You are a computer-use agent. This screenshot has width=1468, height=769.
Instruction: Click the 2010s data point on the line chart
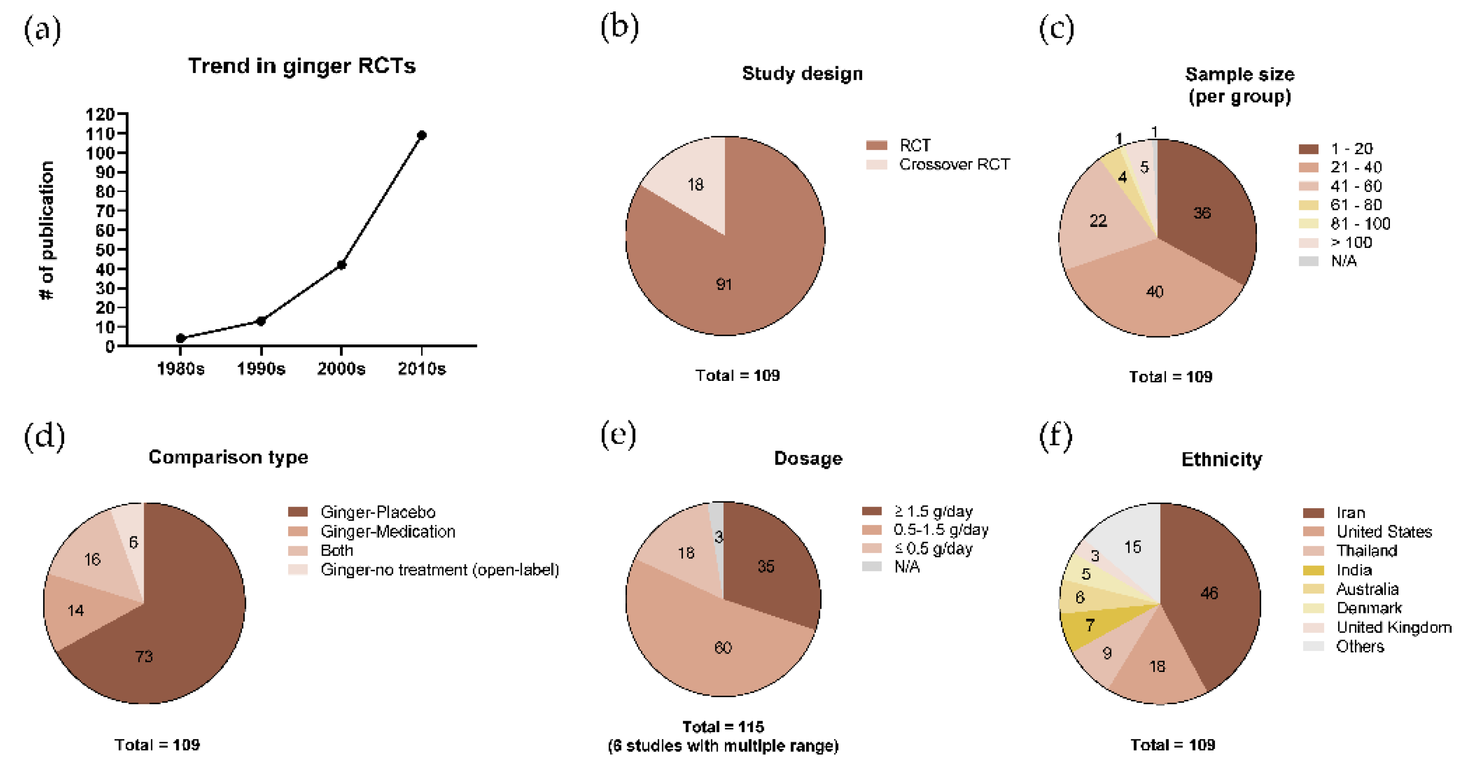pyautogui.click(x=421, y=135)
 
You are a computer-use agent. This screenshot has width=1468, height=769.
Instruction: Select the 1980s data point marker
pyautogui.click(x=181, y=338)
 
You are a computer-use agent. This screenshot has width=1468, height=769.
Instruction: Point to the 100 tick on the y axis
pyautogui.click(x=100, y=152)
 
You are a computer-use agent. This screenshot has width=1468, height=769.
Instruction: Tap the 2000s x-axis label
pyautogui.click(x=341, y=369)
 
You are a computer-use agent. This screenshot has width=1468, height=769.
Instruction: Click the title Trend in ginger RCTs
pyautogui.click(x=301, y=66)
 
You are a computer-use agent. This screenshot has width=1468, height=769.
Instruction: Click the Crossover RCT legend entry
pyautogui.click(x=954, y=165)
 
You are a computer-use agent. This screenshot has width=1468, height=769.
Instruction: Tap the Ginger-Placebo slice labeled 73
pyautogui.click(x=144, y=656)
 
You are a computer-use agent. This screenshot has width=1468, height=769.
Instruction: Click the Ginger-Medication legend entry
pyautogui.click(x=388, y=531)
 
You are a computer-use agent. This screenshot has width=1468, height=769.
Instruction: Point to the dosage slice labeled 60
pyautogui.click(x=722, y=647)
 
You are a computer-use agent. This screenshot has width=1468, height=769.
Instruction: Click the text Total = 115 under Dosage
pyautogui.click(x=722, y=727)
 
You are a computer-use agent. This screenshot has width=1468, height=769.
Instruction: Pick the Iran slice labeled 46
pyautogui.click(x=1209, y=593)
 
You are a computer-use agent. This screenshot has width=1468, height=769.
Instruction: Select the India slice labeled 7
pyautogui.click(x=1090, y=625)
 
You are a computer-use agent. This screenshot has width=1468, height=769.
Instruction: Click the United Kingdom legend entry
pyautogui.click(x=1394, y=627)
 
